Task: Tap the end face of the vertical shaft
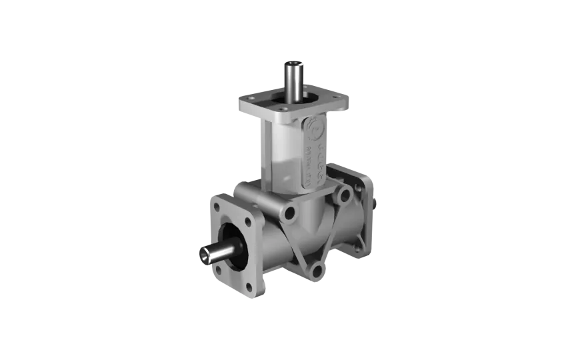tap(293, 63)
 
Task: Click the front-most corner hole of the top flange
tap(283, 109)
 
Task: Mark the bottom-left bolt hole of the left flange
tap(217, 272)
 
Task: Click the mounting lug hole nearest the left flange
tap(289, 215)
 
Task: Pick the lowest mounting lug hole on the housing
tap(317, 271)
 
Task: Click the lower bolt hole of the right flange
tap(358, 248)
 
